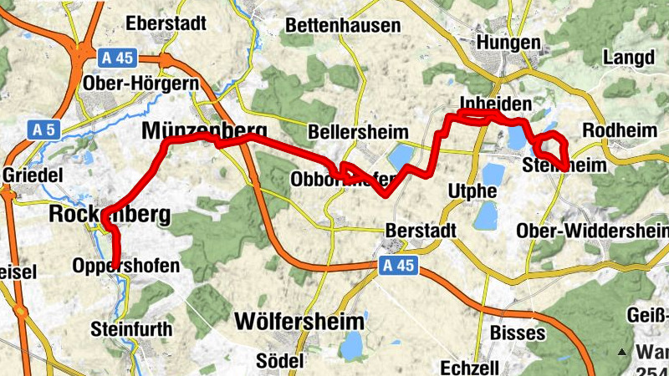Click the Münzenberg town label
(205, 130)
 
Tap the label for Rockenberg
(110, 215)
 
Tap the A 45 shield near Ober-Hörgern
(116, 58)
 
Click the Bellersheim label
(358, 132)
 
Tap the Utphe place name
(472, 191)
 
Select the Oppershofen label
(126, 266)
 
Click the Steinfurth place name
(131, 328)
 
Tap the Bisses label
(518, 333)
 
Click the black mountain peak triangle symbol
(620, 352)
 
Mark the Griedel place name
(33, 176)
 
